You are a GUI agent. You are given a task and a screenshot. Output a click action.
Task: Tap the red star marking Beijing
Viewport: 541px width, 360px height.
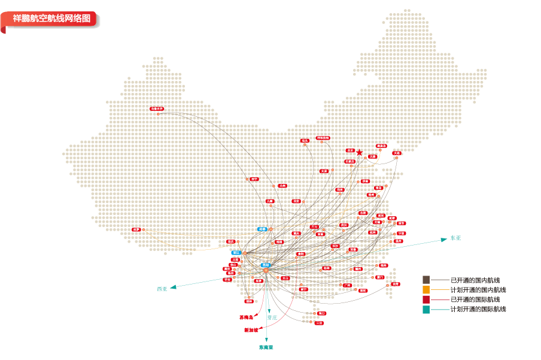[359, 153]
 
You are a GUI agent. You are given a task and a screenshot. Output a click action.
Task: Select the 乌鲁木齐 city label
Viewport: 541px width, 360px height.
[157, 108]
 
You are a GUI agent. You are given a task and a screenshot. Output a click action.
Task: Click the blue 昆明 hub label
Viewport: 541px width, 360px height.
[265, 265]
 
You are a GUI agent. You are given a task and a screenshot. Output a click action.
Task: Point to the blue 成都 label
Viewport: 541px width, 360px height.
[262, 229]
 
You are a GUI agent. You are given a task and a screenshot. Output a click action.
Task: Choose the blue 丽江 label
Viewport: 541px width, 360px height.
[236, 253]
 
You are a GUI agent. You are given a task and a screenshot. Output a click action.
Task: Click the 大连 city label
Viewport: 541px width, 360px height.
[396, 153]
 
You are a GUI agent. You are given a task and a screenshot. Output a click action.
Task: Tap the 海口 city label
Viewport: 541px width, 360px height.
[322, 313]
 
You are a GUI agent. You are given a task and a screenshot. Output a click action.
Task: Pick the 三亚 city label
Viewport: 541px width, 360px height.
[319, 323]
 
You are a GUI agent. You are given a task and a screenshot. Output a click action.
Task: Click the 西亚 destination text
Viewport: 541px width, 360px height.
[162, 289]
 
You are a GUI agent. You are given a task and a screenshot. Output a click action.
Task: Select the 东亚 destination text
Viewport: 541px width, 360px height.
[456, 238]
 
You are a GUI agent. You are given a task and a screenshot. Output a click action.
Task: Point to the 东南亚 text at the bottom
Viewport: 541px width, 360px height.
[266, 347]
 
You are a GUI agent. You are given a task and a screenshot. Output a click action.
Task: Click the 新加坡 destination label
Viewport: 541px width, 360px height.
[251, 330]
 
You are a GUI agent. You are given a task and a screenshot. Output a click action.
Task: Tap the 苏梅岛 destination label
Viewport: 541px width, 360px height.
[246, 317]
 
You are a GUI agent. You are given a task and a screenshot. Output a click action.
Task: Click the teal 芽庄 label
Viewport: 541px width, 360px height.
[272, 317]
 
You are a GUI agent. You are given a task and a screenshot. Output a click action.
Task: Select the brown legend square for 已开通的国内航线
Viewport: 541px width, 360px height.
[426, 280]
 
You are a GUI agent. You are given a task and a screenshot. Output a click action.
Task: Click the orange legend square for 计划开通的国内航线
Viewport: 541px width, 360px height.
[426, 289]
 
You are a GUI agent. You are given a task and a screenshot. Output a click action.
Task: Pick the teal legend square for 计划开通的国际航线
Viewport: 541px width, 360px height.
[426, 309]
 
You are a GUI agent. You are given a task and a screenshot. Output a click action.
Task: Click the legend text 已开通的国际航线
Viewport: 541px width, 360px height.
[475, 300]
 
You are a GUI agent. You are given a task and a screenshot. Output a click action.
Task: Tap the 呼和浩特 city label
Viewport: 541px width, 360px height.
[323, 138]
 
